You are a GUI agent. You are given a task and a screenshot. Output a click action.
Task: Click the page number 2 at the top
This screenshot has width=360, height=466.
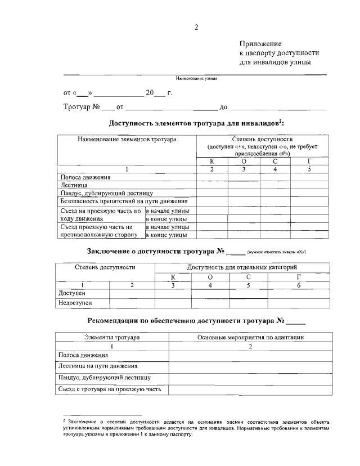196,26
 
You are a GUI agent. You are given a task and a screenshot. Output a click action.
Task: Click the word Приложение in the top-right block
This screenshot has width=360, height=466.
260,44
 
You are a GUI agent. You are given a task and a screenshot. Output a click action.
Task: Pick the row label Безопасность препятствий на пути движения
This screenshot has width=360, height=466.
124,201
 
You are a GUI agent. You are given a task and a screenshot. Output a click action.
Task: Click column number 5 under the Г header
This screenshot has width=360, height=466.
309,169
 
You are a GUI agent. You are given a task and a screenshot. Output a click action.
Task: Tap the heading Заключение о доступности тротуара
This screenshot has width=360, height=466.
156,251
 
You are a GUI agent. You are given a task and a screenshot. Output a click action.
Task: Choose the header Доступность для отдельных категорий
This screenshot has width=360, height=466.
242,267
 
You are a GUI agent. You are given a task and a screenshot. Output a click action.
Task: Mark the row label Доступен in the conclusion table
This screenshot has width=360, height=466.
72,293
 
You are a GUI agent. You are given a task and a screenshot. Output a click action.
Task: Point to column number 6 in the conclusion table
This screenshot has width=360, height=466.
298,285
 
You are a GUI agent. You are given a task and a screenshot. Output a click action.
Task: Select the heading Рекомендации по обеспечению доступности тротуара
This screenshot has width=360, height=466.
186,321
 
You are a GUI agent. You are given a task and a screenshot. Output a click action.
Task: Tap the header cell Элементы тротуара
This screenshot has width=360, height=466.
112,337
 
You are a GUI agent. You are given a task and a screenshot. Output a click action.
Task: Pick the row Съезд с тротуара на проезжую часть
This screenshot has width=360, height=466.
110,389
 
